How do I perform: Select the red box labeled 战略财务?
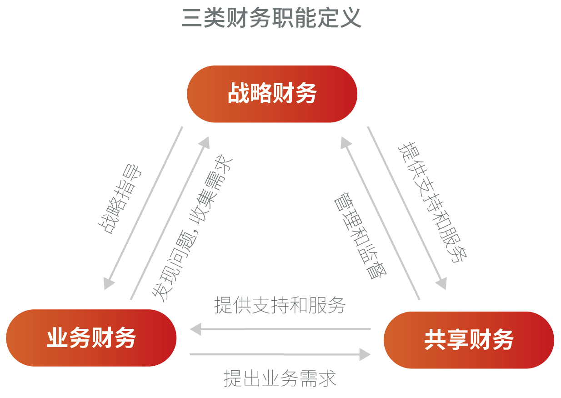point(272,94)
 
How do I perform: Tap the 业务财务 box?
point(91,338)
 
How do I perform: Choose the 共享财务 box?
point(469,340)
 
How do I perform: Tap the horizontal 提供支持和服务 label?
point(280,306)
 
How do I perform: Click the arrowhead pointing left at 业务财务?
point(195,328)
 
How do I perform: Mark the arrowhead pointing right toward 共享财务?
point(365,354)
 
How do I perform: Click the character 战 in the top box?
point(238,94)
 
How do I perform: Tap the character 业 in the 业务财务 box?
point(57,338)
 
